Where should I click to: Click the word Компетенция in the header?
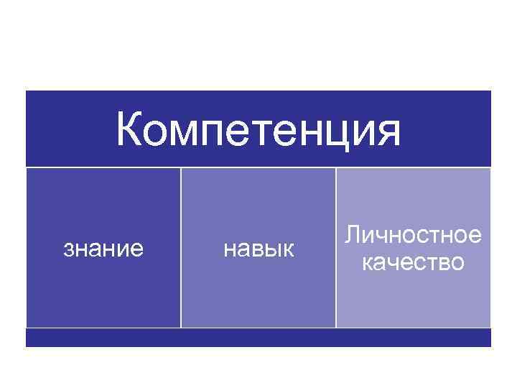click(x=258, y=131)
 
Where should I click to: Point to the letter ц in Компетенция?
click(x=343, y=132)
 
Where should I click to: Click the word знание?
click(x=103, y=249)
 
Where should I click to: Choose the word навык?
click(x=258, y=249)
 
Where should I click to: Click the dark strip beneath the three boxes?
click(x=258, y=338)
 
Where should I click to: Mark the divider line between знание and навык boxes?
click(x=180, y=248)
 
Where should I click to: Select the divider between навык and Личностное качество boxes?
click(x=335, y=248)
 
